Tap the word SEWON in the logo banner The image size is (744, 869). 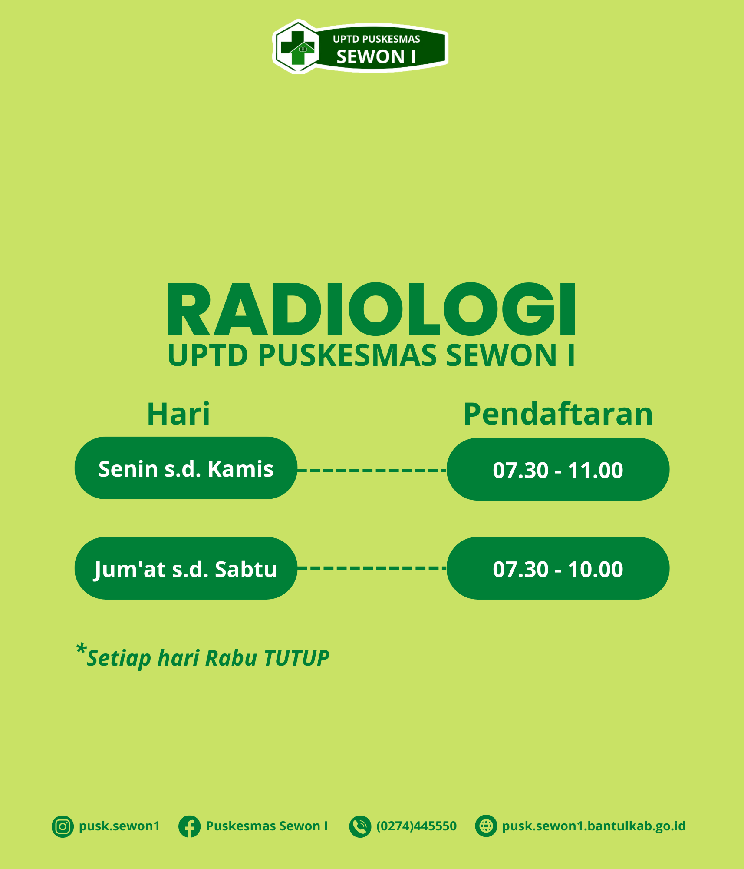(x=370, y=57)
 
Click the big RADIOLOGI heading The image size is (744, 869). (x=372, y=309)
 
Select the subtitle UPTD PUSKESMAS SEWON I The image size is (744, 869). (x=372, y=355)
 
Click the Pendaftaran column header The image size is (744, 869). (x=558, y=414)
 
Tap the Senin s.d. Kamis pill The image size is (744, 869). (x=186, y=468)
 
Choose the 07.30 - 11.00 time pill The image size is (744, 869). (x=558, y=469)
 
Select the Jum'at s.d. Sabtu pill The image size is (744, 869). (x=186, y=568)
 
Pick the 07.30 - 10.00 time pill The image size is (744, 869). (x=558, y=568)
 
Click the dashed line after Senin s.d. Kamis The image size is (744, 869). (x=372, y=470)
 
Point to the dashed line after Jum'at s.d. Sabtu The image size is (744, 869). (x=372, y=568)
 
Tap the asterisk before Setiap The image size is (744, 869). (x=81, y=649)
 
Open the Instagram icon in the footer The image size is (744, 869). (x=63, y=826)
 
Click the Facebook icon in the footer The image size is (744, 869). (x=189, y=826)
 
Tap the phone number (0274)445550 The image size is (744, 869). (x=416, y=826)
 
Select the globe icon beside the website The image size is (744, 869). (x=486, y=826)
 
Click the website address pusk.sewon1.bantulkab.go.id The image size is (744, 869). (x=594, y=826)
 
